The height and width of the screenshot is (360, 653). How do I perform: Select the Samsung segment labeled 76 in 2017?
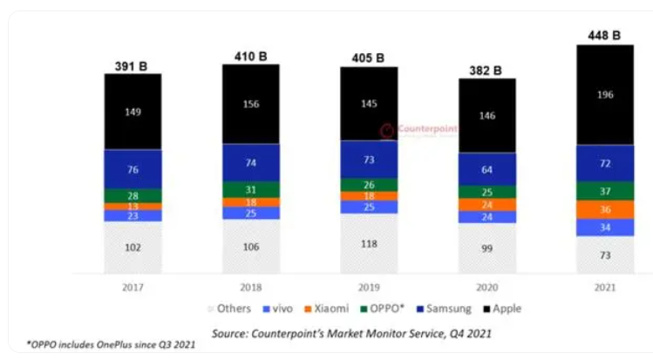coord(133,169)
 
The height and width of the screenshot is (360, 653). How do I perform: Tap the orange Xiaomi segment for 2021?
coord(603,209)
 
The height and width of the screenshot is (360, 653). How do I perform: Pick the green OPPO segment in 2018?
coord(250,189)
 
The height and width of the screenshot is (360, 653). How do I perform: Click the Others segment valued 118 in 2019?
coord(370,243)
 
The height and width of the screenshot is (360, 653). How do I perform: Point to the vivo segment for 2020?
coord(487,217)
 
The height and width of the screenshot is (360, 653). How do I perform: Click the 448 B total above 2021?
coord(603,36)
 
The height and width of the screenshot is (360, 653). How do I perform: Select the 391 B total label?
coord(133,65)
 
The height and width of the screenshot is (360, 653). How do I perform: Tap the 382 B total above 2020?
coord(487,70)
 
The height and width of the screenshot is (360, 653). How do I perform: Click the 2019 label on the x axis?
coord(370,287)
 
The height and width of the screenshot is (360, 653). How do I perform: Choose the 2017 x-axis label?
coord(133,287)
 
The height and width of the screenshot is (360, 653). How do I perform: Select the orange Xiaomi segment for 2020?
coord(487,205)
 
